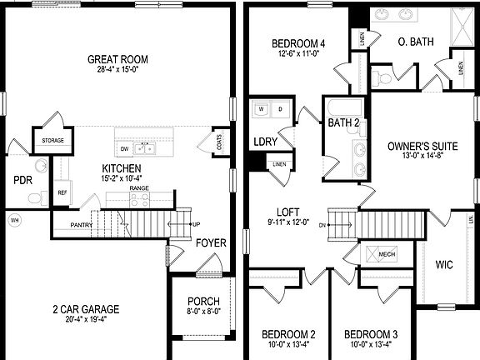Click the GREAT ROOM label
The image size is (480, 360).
118,59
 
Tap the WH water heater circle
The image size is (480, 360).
13,221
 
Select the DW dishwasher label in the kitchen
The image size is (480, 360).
125,149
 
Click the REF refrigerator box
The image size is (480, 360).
62,192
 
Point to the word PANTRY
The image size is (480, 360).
82,225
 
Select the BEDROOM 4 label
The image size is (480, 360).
298,43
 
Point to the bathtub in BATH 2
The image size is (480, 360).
344,109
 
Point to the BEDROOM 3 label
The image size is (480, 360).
371,334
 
